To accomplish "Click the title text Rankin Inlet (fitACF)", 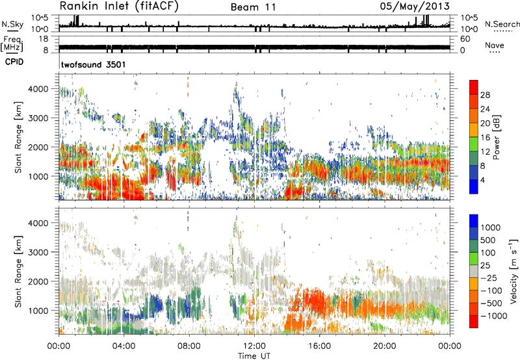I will click(118, 7).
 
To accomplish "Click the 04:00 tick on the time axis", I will click(123, 345).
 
